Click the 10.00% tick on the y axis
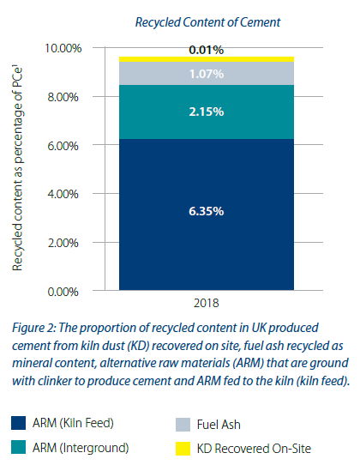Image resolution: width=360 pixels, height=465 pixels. coord(63,48)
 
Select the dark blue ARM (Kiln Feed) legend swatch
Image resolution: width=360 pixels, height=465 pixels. coord(21,422)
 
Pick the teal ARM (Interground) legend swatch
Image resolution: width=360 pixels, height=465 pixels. coord(21,446)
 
